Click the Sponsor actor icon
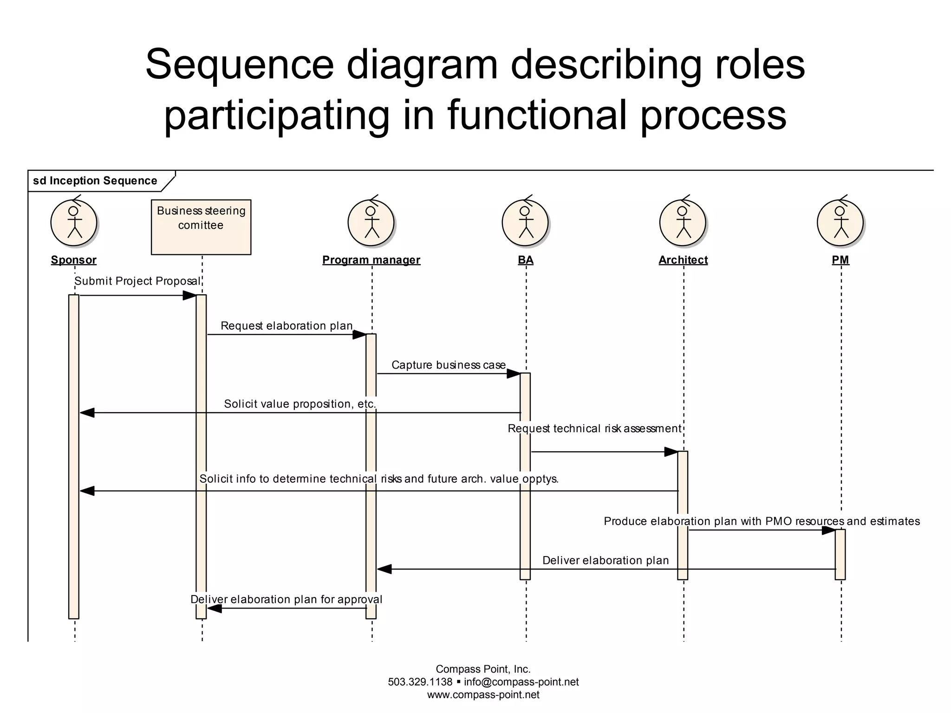(x=73, y=223)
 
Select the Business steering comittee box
(x=201, y=227)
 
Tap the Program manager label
(x=371, y=260)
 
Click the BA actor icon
(x=525, y=223)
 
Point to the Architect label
(x=683, y=260)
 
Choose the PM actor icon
(x=840, y=223)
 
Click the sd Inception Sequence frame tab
(x=95, y=181)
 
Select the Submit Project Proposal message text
(x=137, y=281)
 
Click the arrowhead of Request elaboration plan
(x=359, y=335)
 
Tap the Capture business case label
(x=449, y=365)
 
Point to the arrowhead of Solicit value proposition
(x=87, y=413)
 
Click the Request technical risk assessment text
(x=594, y=428)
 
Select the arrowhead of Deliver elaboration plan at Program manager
(x=384, y=569)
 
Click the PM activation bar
(x=840, y=554)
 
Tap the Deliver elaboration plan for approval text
(x=287, y=599)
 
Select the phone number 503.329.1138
(x=420, y=682)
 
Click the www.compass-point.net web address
(x=483, y=695)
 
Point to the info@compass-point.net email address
(x=521, y=682)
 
